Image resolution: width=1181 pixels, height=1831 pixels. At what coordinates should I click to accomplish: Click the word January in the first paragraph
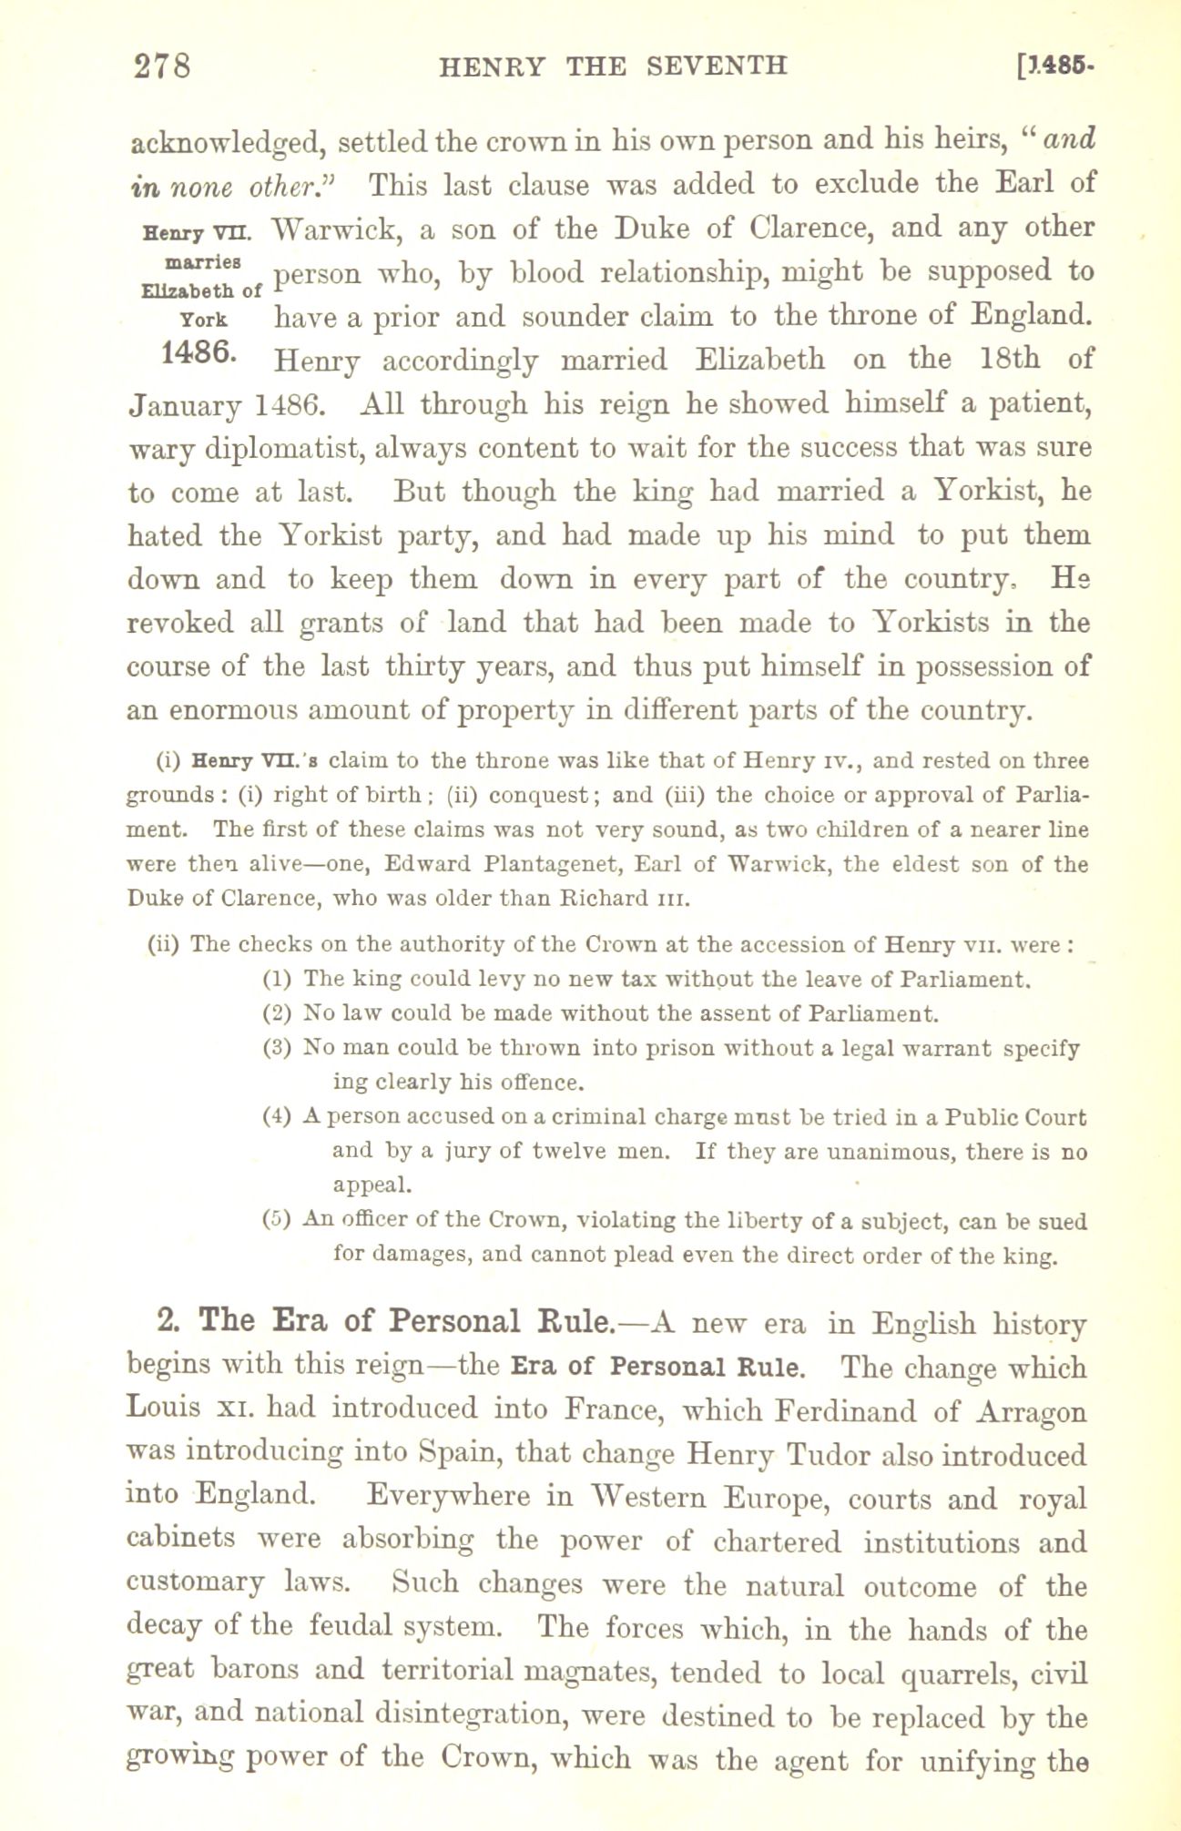point(178,403)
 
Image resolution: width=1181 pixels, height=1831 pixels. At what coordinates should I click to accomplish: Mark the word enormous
point(255,710)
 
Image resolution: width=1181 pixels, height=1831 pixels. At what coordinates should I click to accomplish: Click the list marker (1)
point(277,979)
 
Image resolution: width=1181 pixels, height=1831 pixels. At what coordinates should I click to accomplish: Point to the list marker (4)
point(277,1116)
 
